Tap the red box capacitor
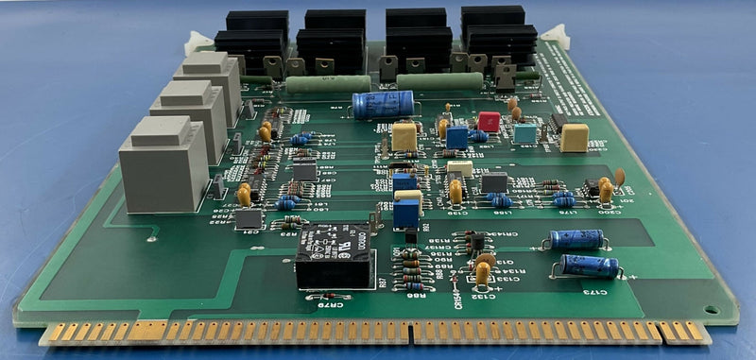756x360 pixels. [489, 121]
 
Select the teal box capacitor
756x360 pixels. [524, 134]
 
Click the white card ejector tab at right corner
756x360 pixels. [555, 37]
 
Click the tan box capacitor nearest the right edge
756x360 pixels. [574, 138]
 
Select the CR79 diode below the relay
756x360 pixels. [316, 296]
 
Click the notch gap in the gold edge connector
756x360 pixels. [411, 332]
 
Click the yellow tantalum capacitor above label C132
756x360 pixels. [483, 271]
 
